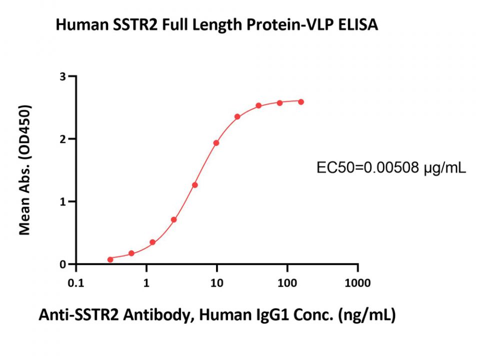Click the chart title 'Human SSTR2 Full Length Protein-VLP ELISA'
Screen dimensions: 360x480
(x=216, y=25)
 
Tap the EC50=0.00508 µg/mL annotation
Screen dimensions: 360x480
(x=391, y=168)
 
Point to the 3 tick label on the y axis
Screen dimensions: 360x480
(x=62, y=76)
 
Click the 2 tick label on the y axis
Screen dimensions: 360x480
(x=62, y=139)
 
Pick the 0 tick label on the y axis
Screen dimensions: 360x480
(x=62, y=264)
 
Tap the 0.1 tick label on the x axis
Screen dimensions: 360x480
(x=75, y=283)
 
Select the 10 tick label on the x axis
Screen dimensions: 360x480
(x=216, y=283)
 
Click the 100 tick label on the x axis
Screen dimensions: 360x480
(x=287, y=283)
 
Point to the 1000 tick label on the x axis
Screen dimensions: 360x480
(x=357, y=283)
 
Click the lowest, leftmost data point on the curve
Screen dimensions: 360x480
(x=110, y=259)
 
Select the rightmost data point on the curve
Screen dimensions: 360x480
(x=301, y=101)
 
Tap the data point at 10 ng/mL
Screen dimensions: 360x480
(x=216, y=143)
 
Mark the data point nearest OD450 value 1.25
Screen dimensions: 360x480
(x=194, y=185)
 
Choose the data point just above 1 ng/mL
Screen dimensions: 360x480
(x=152, y=242)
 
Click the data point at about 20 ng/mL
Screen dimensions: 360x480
(x=237, y=117)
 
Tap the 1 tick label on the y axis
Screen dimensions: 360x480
(x=62, y=201)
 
